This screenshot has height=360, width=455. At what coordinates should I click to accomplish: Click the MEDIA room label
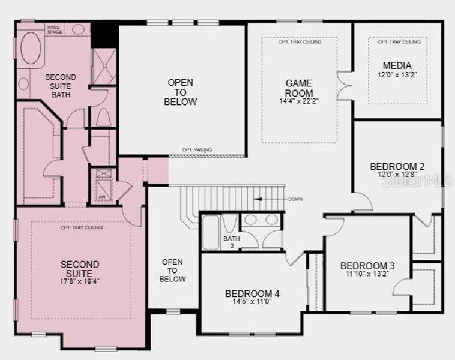point(397,65)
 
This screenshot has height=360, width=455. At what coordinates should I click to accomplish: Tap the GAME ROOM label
point(298,89)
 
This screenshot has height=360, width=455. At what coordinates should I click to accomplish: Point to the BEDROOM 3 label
point(367,266)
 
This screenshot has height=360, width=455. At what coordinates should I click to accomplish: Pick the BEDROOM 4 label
point(252,293)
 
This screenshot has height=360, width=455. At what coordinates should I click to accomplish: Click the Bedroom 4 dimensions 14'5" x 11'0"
point(252,302)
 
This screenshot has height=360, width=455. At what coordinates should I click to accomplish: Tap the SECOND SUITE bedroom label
point(80,268)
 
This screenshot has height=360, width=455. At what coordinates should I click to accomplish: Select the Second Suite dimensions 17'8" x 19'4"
point(80,281)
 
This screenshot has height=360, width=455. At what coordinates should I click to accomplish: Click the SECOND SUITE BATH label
point(61,86)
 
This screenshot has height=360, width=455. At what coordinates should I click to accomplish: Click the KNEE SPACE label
point(55,29)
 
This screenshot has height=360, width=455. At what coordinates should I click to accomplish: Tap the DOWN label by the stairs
point(295,199)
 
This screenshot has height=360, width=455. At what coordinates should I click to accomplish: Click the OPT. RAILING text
point(197,149)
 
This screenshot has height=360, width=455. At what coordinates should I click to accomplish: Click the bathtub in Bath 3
point(211,233)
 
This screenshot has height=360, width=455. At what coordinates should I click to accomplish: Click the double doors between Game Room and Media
point(344,86)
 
